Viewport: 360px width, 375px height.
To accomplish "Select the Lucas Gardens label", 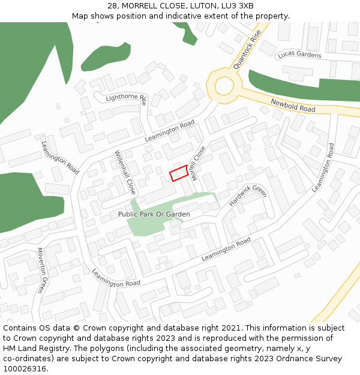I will click(x=299, y=55).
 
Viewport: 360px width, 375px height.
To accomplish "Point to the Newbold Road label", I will click(x=293, y=105).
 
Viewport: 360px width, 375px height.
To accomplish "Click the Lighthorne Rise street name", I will click(x=126, y=97).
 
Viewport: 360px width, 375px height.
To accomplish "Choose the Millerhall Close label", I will click(x=125, y=172).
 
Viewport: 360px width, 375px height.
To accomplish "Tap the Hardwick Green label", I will click(x=247, y=196).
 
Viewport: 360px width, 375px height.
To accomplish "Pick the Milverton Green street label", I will click(x=41, y=270).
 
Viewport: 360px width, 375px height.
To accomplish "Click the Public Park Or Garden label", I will click(x=154, y=214).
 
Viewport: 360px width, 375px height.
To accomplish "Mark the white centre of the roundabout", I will click(x=224, y=86).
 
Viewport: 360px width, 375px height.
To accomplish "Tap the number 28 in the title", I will click(x=113, y=6).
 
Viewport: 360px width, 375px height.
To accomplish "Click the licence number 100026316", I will click(x=25, y=369).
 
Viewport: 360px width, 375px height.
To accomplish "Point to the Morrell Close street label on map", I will click(x=199, y=163).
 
